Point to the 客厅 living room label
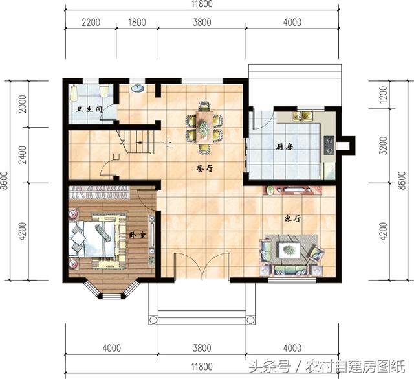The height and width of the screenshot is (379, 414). pos(293,220)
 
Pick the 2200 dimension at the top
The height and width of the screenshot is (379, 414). pos(91,22)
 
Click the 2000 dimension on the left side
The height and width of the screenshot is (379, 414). pos(21,104)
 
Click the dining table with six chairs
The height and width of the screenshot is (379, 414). pos(204,124)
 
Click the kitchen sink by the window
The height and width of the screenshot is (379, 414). pos(303,116)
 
